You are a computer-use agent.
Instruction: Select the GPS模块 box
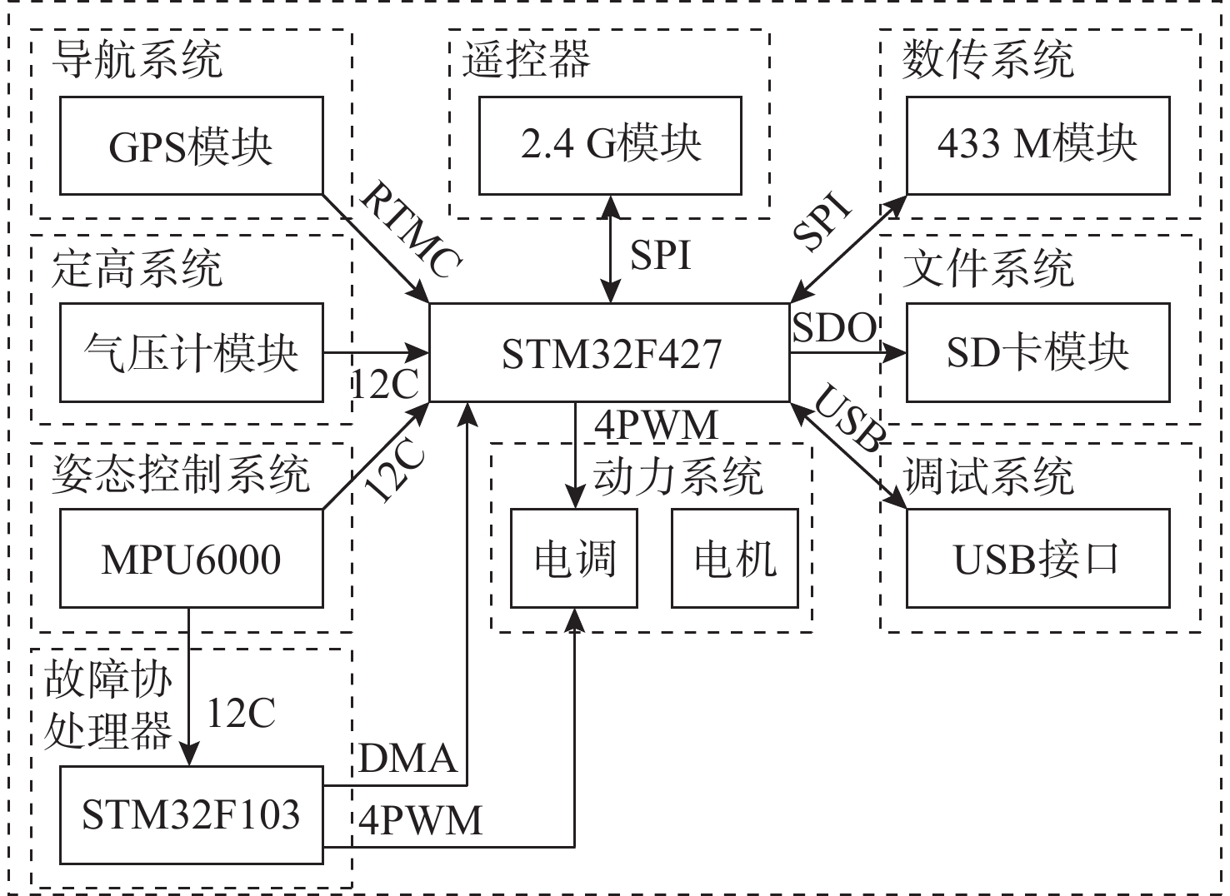pyautogui.click(x=191, y=146)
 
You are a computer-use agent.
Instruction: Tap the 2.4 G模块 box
pyautogui.click(x=610, y=146)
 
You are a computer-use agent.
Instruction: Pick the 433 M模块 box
pyautogui.click(x=1037, y=146)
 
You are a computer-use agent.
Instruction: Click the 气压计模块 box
pyautogui.click(x=191, y=352)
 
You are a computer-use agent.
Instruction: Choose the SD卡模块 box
pyautogui.click(x=1037, y=352)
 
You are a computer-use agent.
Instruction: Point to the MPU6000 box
pyautogui.click(x=191, y=559)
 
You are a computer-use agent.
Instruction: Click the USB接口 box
pyautogui.click(x=1037, y=559)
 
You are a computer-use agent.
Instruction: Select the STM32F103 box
pyautogui.click(x=191, y=814)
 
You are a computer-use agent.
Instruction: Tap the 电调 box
pyautogui.click(x=574, y=559)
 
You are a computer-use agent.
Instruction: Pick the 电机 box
pyautogui.click(x=734, y=559)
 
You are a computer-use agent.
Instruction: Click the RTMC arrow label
pyautogui.click(x=410, y=231)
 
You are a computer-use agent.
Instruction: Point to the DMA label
pyautogui.click(x=407, y=759)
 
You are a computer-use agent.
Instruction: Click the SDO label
pyautogui.click(x=833, y=328)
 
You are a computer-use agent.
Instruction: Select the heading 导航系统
pyautogui.click(x=137, y=60)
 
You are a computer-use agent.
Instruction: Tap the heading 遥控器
pyautogui.click(x=526, y=60)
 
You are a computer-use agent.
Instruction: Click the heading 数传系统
pyautogui.click(x=988, y=60)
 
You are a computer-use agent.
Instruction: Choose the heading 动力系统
pyautogui.click(x=677, y=477)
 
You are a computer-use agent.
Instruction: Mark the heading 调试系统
pyautogui.click(x=988, y=477)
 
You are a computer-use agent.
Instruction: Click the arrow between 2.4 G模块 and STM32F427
pyautogui.click(x=611, y=249)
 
